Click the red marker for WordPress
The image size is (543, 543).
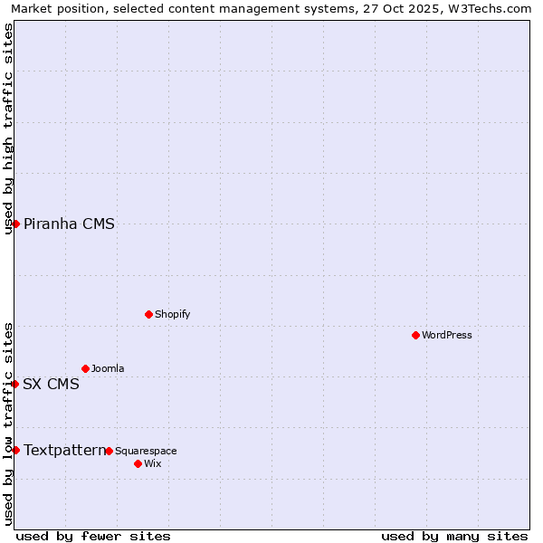click(415, 335)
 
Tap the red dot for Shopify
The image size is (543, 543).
click(148, 314)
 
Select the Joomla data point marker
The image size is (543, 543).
click(85, 368)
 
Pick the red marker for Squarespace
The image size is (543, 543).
click(109, 451)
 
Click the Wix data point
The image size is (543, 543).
click(138, 463)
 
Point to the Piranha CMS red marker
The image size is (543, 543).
click(15, 224)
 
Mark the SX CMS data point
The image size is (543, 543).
click(14, 384)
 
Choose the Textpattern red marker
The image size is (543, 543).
click(15, 450)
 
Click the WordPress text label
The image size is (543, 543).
click(447, 336)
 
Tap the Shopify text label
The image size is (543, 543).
click(172, 315)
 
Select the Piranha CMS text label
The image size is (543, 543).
click(69, 224)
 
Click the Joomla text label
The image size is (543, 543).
click(108, 369)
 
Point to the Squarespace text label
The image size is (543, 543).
click(146, 452)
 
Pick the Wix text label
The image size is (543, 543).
click(152, 464)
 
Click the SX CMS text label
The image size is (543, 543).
click(51, 385)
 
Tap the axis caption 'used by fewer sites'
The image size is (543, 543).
click(93, 537)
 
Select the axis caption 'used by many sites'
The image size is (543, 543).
click(454, 537)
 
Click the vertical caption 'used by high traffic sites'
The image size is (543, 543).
click(8, 129)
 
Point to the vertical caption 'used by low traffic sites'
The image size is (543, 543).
click(8, 424)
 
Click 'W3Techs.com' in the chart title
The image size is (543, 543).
click(490, 8)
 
